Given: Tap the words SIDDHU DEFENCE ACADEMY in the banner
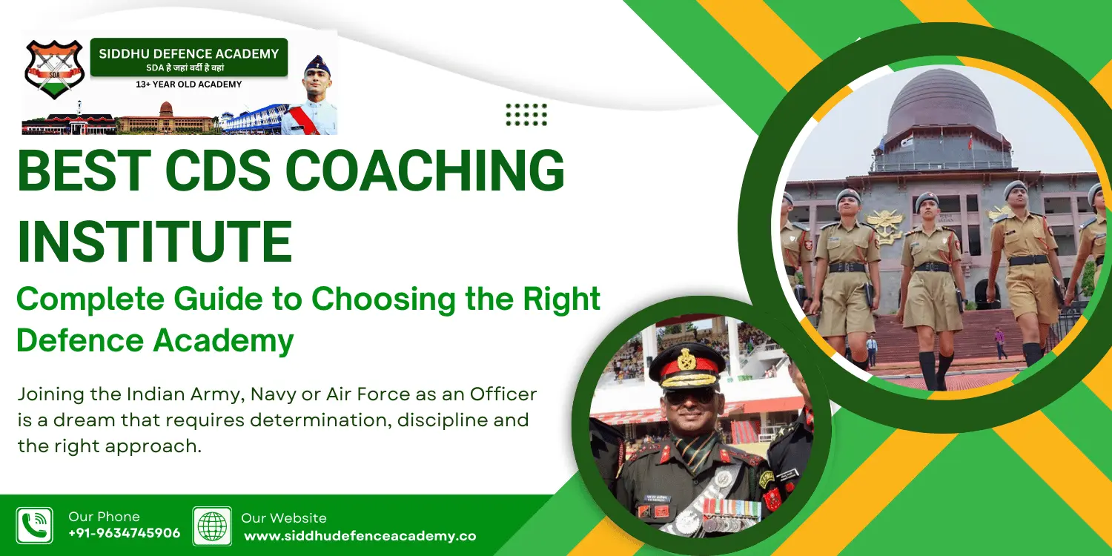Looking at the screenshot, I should point(188,53).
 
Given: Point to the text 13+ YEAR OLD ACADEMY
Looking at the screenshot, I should point(188,85).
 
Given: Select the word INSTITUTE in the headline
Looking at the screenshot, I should point(154,241).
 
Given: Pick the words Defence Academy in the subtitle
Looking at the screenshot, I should point(155,341).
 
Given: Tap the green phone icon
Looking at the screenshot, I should point(35,526).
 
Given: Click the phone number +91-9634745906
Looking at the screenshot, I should point(125,534).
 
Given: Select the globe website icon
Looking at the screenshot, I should point(212,526).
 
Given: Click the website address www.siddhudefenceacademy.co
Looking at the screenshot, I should point(360,536).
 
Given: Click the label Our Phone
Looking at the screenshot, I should point(104,517).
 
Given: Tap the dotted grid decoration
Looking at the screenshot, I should point(526,115).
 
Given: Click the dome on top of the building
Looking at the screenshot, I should point(941,104).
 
